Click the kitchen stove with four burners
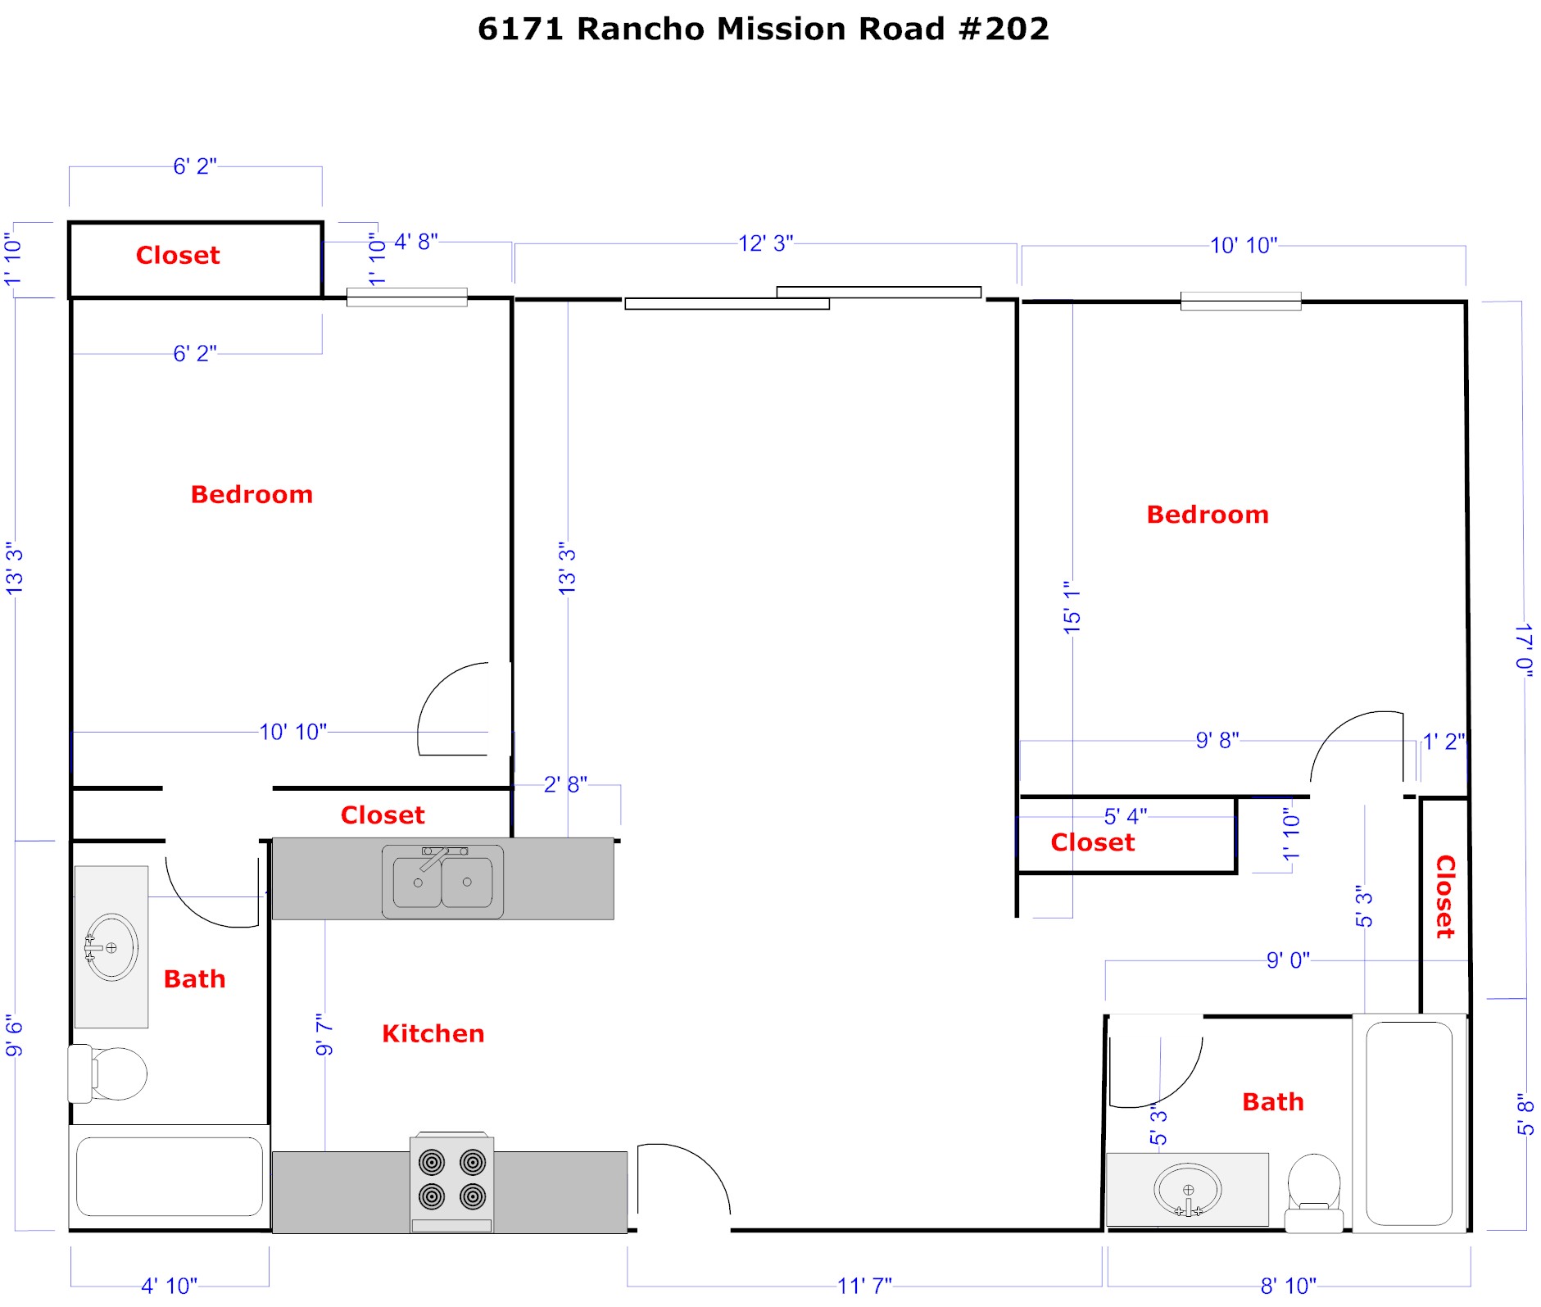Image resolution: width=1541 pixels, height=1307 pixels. click(451, 1182)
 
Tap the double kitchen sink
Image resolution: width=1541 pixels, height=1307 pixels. click(442, 882)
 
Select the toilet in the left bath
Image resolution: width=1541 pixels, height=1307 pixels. click(107, 1073)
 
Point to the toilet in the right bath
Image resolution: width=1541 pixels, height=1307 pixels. click(1313, 1192)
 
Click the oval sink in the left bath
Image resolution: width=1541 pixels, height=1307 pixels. click(111, 947)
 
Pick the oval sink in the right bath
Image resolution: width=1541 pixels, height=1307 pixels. click(1188, 1190)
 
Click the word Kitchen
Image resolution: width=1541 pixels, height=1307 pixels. click(433, 1033)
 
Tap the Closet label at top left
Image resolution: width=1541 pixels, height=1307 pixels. click(178, 255)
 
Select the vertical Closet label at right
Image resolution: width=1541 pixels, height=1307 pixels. click(1446, 896)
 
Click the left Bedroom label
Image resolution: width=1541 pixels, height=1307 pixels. click(252, 494)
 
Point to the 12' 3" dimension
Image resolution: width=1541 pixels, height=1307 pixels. click(766, 243)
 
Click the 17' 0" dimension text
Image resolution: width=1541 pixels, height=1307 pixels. click(1524, 651)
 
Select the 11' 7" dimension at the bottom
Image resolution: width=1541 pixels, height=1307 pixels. click(864, 1286)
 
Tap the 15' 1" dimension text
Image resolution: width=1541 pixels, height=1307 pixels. click(1072, 607)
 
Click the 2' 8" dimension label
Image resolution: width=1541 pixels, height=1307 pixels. click(565, 784)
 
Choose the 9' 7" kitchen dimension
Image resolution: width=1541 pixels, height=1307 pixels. click(324, 1034)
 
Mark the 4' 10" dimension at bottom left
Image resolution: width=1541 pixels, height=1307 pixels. click(169, 1286)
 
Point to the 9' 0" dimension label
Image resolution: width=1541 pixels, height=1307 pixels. click(1288, 960)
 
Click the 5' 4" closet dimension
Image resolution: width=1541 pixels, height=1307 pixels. click(1126, 816)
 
